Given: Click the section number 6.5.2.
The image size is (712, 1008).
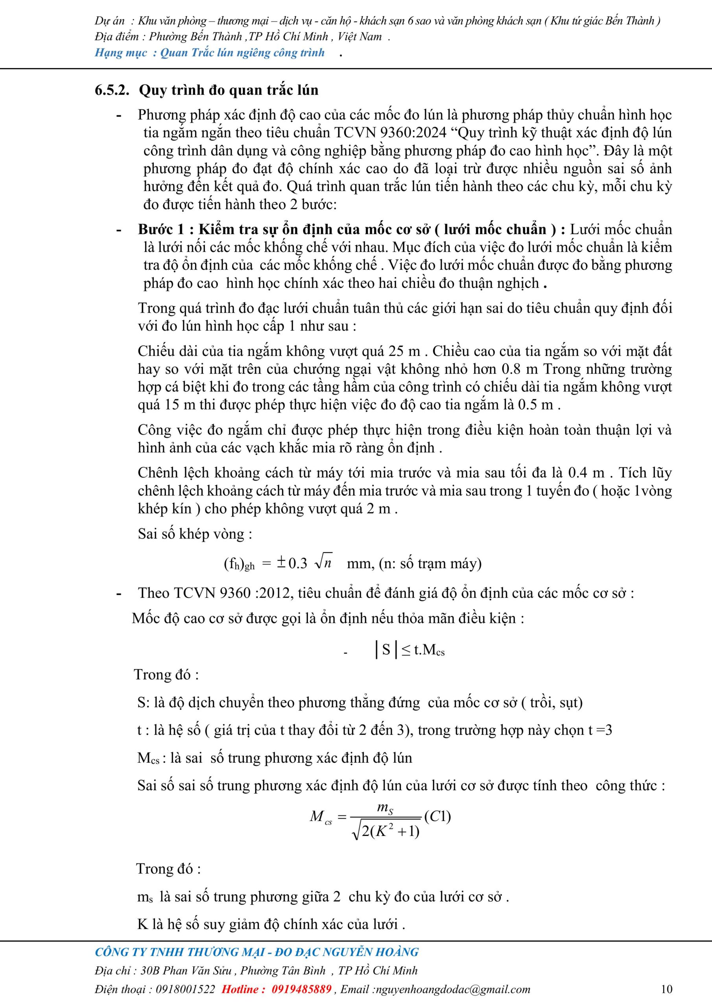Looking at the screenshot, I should tap(112, 90).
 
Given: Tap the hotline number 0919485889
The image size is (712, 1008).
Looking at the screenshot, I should tap(301, 989).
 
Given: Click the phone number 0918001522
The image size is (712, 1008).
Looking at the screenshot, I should tap(183, 989).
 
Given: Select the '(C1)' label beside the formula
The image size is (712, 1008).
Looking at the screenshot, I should tap(437, 816).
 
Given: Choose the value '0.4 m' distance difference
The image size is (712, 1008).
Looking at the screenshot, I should tap(587, 473).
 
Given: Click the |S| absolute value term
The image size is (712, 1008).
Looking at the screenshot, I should tap(386, 649).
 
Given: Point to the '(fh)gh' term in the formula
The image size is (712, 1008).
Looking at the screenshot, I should tap(239, 564).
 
